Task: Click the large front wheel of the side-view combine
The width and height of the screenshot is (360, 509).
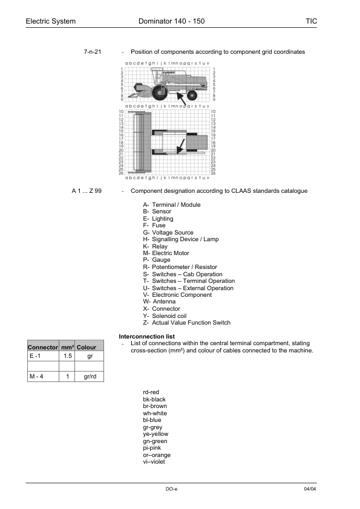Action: [x=160, y=92]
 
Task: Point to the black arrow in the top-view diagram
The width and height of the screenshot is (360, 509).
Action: [x=181, y=146]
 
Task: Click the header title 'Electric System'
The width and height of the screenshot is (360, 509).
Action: [x=51, y=22]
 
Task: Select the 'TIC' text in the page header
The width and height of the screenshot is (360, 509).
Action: [x=311, y=22]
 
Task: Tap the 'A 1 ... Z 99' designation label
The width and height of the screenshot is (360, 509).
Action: [x=87, y=191]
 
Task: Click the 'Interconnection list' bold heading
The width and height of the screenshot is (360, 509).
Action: [x=148, y=336]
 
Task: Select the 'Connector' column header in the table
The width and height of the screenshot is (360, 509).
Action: [x=42, y=348]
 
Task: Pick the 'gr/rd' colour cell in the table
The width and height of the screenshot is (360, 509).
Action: [x=90, y=377]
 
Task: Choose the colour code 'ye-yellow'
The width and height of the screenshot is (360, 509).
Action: [x=155, y=434]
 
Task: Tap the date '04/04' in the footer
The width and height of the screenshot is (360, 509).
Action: [x=310, y=488]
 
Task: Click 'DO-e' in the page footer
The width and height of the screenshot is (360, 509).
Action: [x=171, y=488]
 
